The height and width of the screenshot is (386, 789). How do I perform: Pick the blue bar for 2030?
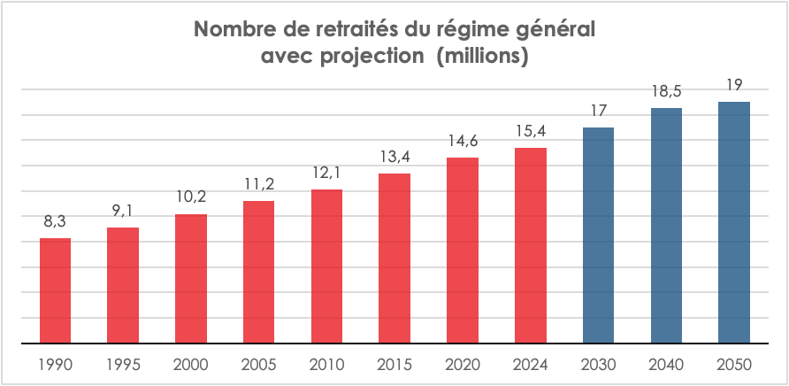599,235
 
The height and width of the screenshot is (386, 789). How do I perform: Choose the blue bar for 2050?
733,222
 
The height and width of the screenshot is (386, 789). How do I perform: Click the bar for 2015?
394,258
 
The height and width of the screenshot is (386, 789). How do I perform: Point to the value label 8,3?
55,222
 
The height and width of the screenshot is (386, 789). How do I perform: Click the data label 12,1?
326,174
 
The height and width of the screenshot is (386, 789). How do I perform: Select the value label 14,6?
463,142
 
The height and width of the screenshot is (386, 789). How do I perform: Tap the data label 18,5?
666,92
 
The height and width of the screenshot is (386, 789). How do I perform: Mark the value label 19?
733,86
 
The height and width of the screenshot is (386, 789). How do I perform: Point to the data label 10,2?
191,198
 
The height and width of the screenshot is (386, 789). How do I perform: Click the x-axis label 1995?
123,365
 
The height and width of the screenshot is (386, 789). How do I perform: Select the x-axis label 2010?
326,365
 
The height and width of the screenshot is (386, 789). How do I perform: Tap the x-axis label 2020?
463,365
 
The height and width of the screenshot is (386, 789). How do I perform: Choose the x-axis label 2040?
666,365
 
